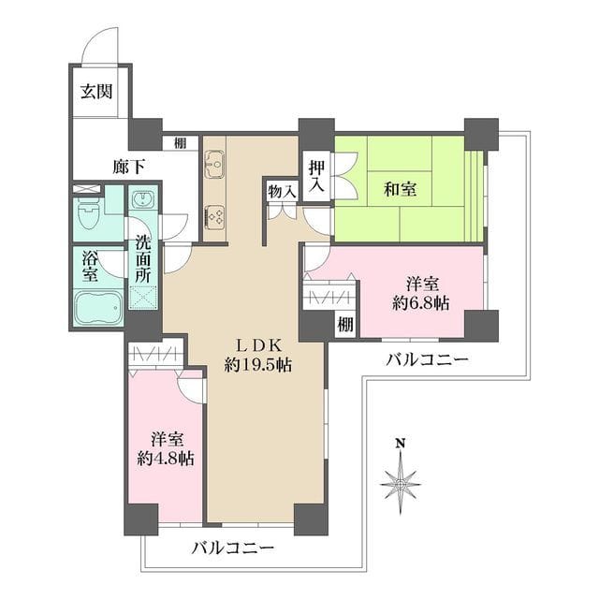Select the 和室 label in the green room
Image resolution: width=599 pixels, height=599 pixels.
tap(400, 189)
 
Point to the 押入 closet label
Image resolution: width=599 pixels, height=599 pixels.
tap(315, 177)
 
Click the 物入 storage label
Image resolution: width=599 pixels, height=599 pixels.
tap(281, 191)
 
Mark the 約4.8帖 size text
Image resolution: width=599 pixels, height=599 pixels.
tap(166, 459)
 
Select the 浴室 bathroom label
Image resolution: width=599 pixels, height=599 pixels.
tap(90, 266)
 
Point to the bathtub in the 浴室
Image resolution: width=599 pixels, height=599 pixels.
tap(97, 305)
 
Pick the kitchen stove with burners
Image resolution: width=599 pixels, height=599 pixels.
tap(214, 216)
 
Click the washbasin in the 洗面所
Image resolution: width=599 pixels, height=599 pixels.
tap(142, 201)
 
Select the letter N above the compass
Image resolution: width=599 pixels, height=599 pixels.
tap(401, 444)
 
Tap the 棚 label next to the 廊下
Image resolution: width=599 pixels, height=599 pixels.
tap(179, 143)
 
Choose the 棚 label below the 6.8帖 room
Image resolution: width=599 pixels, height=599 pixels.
tap(345, 325)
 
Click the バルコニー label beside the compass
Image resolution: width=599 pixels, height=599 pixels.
tap(426, 360)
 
